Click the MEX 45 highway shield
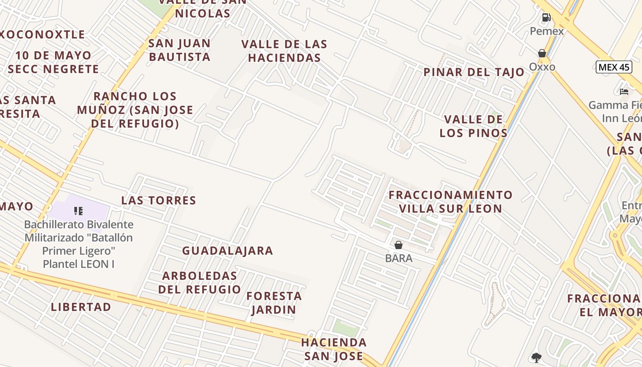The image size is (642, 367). [614, 67]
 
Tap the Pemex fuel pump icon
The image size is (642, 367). [546, 18]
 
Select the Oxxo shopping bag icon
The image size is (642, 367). [542, 54]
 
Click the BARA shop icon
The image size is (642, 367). [398, 245]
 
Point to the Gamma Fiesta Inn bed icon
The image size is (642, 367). [624, 91]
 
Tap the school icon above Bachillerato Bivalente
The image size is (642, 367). [78, 211]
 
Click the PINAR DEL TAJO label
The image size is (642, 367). [474, 72]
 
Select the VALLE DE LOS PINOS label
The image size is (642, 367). [473, 126]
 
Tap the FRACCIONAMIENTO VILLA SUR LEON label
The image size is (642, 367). [450, 201]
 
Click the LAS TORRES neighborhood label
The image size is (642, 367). [159, 200]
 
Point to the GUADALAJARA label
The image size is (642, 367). [227, 251]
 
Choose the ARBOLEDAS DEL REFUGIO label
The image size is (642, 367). [199, 283]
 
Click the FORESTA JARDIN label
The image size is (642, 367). [274, 303]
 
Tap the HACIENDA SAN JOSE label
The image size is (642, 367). [334, 349]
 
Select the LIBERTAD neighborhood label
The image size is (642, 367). [81, 307]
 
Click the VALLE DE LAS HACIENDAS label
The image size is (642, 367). [284, 51]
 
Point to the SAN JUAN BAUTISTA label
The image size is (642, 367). [179, 50]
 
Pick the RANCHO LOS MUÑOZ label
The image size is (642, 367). [135, 110]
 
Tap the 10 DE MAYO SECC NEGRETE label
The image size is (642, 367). [53, 62]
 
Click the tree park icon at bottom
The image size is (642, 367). [536, 357]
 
